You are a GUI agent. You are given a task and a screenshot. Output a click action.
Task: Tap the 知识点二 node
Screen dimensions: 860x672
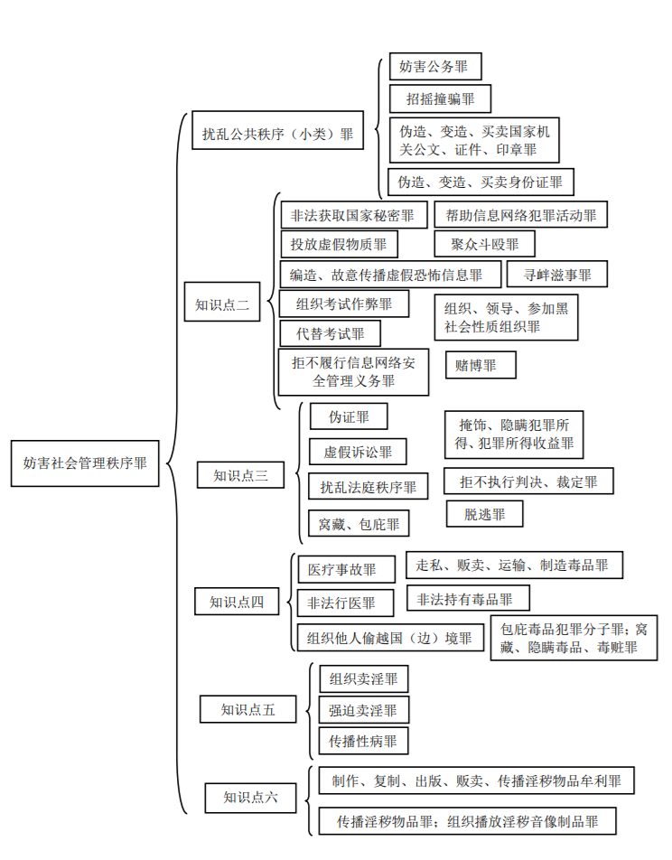point(222,304)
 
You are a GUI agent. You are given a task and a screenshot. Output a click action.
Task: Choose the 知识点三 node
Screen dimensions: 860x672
point(241,475)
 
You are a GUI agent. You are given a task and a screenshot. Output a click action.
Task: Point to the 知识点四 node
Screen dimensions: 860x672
point(238,601)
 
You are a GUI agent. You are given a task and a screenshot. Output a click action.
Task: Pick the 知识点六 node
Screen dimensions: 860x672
point(250,797)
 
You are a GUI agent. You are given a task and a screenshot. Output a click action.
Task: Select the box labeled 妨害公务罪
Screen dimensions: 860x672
point(435,67)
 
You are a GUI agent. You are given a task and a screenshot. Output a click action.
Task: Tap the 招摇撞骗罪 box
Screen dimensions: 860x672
point(434,98)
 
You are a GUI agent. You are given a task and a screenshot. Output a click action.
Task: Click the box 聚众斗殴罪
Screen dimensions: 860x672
point(484,244)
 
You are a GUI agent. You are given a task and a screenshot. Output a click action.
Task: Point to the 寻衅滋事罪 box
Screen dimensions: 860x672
point(554,274)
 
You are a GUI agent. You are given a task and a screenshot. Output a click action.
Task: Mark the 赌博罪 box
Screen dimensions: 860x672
point(481,365)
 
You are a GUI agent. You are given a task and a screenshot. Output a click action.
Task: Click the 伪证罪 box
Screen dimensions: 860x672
point(349,416)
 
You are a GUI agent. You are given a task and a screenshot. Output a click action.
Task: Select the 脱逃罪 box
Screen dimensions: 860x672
point(484,513)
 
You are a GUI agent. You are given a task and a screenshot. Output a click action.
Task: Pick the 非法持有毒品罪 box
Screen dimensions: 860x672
point(468,598)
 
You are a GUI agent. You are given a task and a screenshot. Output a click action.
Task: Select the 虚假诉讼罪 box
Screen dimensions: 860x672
point(357,451)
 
